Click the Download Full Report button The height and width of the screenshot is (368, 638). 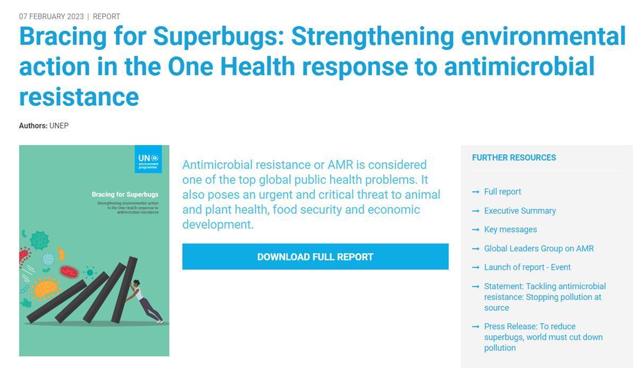coord(315,256)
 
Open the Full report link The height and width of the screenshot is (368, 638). coord(502,191)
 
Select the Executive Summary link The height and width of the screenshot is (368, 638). coord(520,211)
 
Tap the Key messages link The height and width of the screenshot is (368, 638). coord(510,230)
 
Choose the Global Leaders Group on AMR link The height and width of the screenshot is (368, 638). coord(539,249)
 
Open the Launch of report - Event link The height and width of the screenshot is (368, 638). coord(527,267)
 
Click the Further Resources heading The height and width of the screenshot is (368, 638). coord(514,157)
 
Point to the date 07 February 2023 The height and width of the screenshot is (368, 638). coord(51,16)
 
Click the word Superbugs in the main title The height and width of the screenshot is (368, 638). coord(219,37)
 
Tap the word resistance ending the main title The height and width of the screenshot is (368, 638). coord(79,97)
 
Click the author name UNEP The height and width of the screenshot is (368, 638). coord(59,126)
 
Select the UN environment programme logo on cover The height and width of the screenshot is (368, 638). coord(148,159)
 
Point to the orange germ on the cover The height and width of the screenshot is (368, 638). coord(46,289)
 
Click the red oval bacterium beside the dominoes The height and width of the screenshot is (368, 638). coord(69,271)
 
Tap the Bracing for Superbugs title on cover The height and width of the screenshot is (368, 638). coord(125,195)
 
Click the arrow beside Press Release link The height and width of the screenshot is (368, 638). coord(475,327)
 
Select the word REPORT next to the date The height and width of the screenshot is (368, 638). coord(106,16)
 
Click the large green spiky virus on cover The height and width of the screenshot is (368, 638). coord(39,240)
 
